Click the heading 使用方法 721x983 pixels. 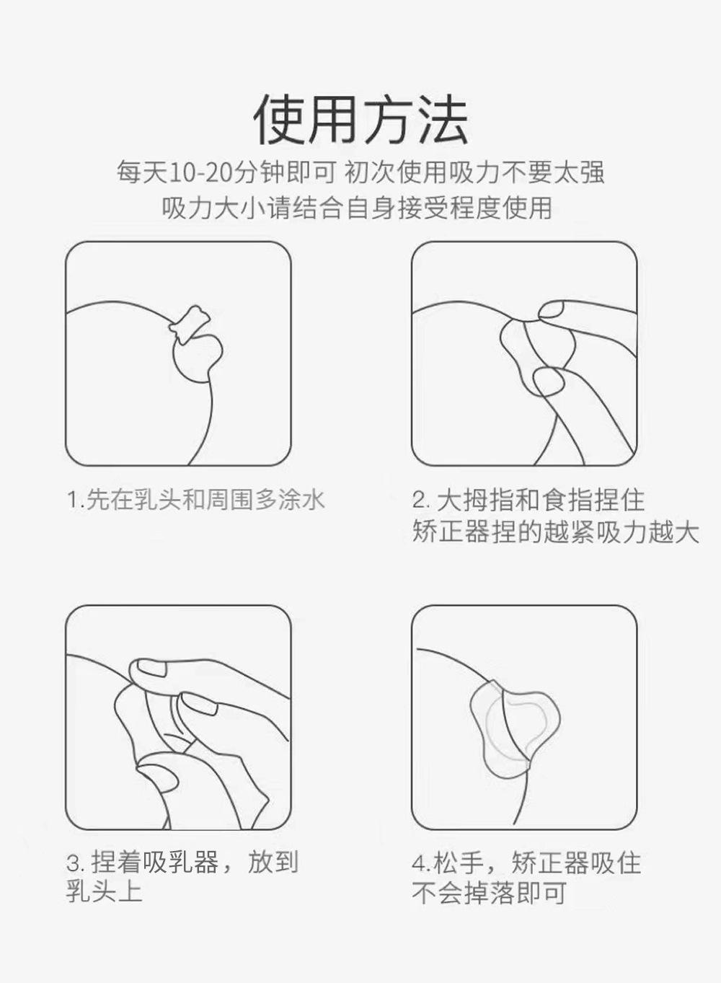[360, 120]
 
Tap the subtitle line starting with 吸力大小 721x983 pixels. [357, 208]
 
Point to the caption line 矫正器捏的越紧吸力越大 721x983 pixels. [556, 532]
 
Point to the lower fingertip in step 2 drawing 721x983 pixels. [549, 382]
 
